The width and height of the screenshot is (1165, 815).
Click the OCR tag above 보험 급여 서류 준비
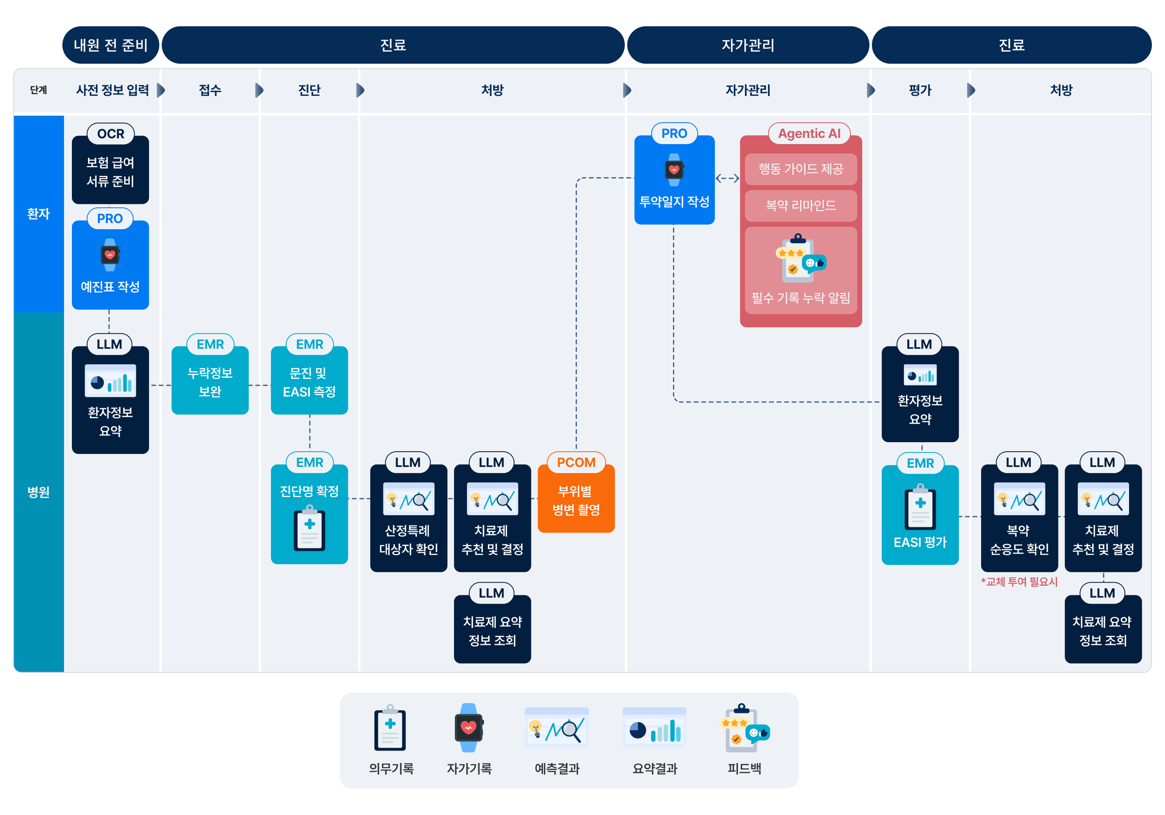pyautogui.click(x=111, y=134)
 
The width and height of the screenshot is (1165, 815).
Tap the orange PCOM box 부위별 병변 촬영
pyautogui.click(x=576, y=500)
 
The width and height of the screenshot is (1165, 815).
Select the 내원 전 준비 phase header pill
pyautogui.click(x=111, y=45)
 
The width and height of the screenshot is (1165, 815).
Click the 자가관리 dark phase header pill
pyautogui.click(x=748, y=45)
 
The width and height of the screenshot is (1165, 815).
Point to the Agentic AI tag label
pyautogui.click(x=809, y=133)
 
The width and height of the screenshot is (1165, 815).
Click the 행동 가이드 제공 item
pyautogui.click(x=801, y=169)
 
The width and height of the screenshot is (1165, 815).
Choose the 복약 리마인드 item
pyautogui.click(x=801, y=205)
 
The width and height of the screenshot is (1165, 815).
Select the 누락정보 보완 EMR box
pyautogui.click(x=210, y=381)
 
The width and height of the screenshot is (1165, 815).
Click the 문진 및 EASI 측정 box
pyautogui.click(x=309, y=381)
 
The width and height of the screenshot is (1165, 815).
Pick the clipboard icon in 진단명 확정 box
pyautogui.click(x=309, y=528)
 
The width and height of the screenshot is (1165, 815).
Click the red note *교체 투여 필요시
pyautogui.click(x=1019, y=582)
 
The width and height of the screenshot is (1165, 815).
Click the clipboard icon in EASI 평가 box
pyautogui.click(x=920, y=507)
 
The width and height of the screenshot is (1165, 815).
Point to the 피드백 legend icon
pyautogui.click(x=744, y=728)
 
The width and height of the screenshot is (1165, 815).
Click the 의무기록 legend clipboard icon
pyautogui.click(x=390, y=728)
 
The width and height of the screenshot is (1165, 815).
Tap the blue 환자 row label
pyautogui.click(x=38, y=213)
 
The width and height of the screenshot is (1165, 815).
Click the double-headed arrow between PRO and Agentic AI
pyautogui.click(x=727, y=178)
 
